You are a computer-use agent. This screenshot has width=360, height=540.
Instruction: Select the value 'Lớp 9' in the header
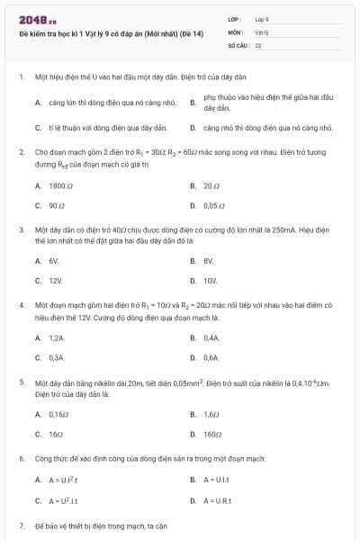[x=262, y=18]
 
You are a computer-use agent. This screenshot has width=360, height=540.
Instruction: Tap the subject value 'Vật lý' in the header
[x=262, y=31]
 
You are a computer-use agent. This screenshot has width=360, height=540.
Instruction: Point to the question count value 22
[x=258, y=44]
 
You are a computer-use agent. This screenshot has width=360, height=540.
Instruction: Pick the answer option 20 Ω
[x=212, y=185]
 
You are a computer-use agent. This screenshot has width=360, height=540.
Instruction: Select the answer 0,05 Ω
[x=214, y=205]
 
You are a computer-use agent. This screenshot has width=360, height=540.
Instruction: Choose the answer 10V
[x=211, y=280]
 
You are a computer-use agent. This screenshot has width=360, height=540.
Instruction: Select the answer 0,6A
[x=211, y=357]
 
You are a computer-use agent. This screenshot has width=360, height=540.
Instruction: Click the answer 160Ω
[x=212, y=434]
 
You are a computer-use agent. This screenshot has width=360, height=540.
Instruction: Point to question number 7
[x=22, y=525]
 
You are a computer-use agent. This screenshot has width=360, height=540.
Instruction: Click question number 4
[x=22, y=305]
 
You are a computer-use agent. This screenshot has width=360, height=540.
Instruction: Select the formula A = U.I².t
[x=63, y=480]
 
